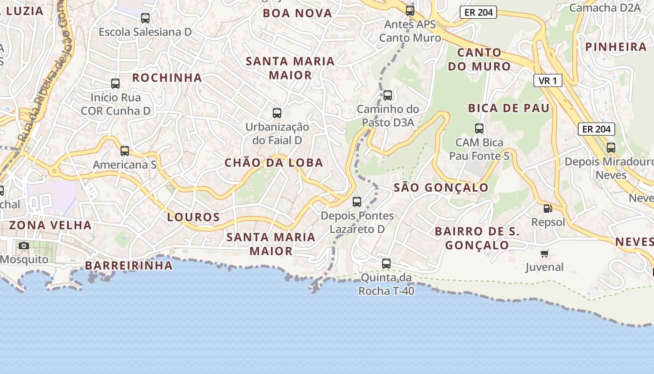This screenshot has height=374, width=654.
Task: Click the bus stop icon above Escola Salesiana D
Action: tap(145, 18)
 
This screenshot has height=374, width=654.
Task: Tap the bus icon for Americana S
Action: tap(125, 151)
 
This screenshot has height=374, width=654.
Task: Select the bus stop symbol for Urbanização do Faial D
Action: tap(277, 113)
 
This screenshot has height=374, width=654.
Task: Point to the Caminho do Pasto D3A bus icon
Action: tap(387, 95)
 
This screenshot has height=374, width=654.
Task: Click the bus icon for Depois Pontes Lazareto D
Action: tap(357, 202)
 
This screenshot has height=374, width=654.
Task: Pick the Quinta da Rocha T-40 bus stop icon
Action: tap(386, 263)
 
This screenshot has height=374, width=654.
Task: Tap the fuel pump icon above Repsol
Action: tap(547, 209)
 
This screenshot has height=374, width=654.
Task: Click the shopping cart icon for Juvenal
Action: tap(544, 254)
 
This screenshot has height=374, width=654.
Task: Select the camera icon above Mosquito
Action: tap(23, 245)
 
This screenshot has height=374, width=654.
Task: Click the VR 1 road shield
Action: tap(547, 81)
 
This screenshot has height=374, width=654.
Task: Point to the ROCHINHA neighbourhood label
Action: tap(167, 78)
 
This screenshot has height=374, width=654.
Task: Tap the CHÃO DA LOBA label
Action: tap(274, 163)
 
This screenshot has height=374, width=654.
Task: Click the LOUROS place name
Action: tap(193, 217)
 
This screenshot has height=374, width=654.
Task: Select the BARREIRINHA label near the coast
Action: tap(128, 266)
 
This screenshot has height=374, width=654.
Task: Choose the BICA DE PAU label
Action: tap(509, 108)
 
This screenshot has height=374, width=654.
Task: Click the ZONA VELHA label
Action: tap(50, 225)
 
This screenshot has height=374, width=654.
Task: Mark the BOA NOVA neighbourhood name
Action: tap(297, 13)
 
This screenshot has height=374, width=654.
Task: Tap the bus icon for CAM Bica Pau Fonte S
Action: tap(479, 129)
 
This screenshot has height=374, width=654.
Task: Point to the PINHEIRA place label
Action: tap(616, 47)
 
